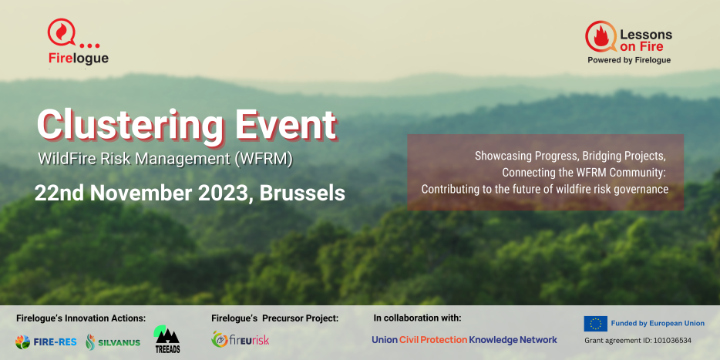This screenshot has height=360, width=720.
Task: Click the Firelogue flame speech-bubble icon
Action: point(62,32)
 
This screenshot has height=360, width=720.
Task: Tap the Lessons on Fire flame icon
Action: point(601,36)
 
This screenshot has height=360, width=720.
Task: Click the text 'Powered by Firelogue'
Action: point(629,60)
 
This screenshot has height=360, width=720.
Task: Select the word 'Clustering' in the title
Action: point(130,124)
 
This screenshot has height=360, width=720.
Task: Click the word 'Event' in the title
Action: point(286,124)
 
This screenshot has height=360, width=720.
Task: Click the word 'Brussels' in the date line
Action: point(302,193)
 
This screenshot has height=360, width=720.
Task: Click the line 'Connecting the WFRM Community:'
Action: point(584,173)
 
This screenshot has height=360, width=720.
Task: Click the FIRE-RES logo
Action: point(45,342)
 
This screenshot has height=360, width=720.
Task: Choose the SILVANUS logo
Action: point(113,342)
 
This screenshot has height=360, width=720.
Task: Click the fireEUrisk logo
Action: point(241,339)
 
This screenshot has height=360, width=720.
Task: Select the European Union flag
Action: point(596,324)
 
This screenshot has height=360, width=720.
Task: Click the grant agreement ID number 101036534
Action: point(669,341)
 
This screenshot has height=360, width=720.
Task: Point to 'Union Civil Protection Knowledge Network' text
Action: point(464,340)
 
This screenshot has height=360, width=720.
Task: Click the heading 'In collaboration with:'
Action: point(417,318)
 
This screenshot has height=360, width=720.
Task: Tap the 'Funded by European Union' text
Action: point(658,323)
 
